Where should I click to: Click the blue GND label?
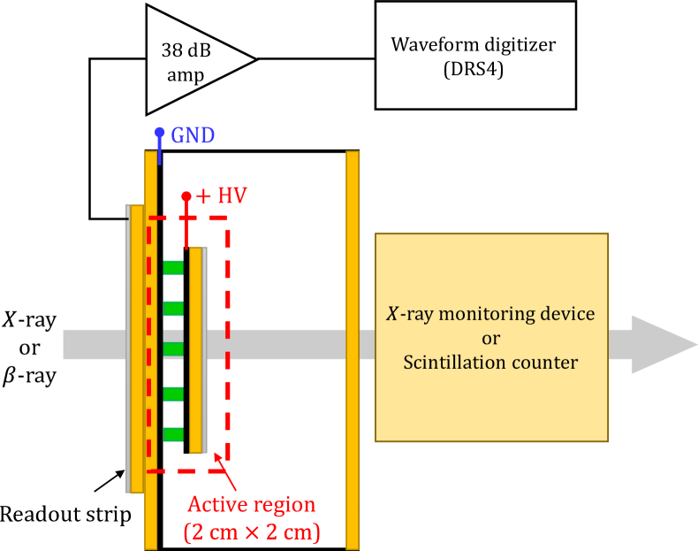point(193,136)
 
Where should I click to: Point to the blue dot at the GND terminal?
point(159,133)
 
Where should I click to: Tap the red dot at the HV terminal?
point(186,196)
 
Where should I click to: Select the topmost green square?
point(173,267)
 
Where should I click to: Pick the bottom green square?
point(173,434)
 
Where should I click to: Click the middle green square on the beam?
point(173,349)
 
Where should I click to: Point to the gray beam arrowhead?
point(663,344)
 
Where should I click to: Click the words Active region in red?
point(251,505)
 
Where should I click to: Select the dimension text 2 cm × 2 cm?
point(251,532)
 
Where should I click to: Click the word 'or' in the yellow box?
point(491,339)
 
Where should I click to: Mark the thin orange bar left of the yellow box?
point(353,349)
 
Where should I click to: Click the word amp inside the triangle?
point(186,75)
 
